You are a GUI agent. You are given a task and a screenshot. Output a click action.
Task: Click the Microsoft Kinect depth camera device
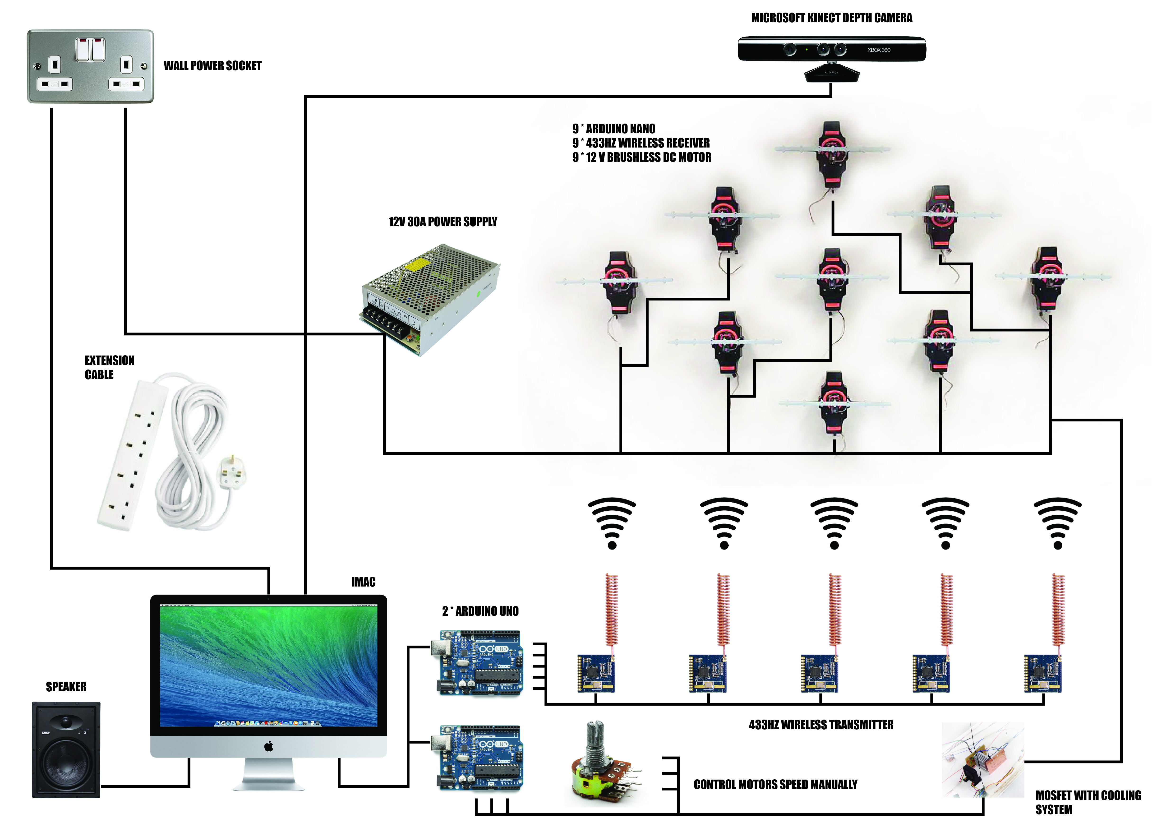tap(832, 51)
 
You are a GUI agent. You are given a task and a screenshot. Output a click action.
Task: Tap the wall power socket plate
tap(90, 66)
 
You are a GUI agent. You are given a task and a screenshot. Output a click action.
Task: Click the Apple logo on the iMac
tap(269, 747)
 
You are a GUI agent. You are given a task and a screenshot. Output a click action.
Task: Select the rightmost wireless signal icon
tap(1058, 523)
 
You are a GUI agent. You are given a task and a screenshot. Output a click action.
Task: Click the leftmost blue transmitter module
tap(596, 673)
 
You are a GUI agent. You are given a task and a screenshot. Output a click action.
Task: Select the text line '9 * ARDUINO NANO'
tap(614, 129)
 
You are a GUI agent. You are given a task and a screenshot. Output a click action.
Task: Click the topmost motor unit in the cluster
tap(832, 156)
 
